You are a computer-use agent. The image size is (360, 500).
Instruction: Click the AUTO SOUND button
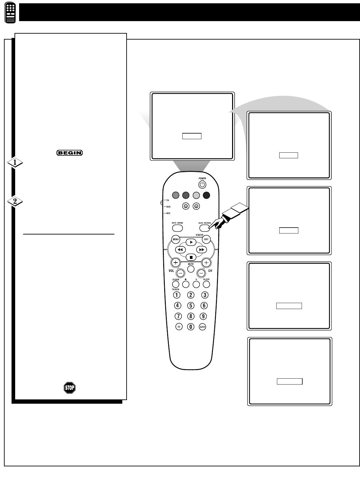tap(177, 228)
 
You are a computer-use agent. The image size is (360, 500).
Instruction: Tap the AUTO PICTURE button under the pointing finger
tap(205, 228)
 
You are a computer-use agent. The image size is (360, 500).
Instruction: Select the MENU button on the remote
tap(175, 239)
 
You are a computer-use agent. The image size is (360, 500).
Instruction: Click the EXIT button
tap(206, 239)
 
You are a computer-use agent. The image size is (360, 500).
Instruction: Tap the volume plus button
tap(175, 263)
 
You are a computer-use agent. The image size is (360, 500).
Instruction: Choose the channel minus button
tap(201, 273)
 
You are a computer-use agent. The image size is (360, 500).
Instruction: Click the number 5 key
tap(191, 305)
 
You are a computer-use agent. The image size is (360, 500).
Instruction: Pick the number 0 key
tap(191, 327)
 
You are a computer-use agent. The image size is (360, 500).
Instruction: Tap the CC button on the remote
tap(179, 327)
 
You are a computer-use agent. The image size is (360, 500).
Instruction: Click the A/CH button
tap(202, 327)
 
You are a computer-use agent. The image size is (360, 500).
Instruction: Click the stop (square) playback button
tap(191, 257)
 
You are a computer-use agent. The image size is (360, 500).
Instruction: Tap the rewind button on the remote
tap(180, 250)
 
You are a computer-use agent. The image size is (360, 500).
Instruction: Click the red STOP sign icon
tap(70, 388)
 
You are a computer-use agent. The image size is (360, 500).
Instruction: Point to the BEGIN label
tap(70, 153)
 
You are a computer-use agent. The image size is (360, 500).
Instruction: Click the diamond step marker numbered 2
tap(15, 202)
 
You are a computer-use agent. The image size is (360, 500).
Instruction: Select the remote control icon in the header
tap(11, 13)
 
